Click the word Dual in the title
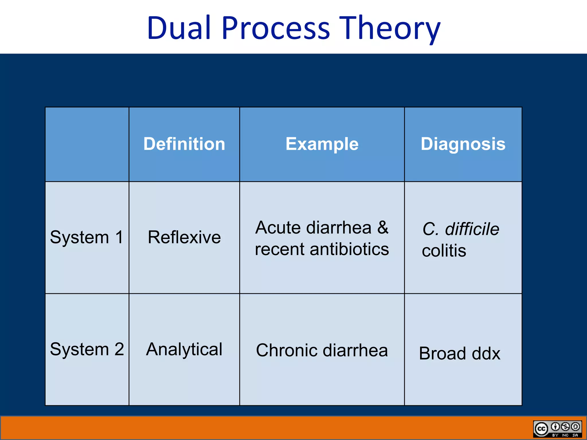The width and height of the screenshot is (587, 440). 179,28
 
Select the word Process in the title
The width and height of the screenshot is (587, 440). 276,28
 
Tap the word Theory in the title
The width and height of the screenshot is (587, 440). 390,28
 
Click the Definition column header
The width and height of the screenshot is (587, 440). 184,144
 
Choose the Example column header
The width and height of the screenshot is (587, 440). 322,144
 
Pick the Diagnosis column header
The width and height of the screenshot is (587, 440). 463,144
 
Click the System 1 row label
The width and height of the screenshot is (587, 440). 87,237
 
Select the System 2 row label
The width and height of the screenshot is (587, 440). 87,349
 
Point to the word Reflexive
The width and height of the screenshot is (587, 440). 184,237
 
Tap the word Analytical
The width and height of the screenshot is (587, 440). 184,349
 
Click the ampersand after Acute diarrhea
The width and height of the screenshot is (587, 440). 383,228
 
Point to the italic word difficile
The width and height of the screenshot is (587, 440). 472,229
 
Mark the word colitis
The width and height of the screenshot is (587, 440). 444,251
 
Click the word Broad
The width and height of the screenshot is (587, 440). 443,353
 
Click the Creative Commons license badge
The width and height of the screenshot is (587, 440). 557,429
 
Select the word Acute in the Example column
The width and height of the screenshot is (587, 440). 278,228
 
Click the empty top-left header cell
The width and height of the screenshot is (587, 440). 87,144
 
